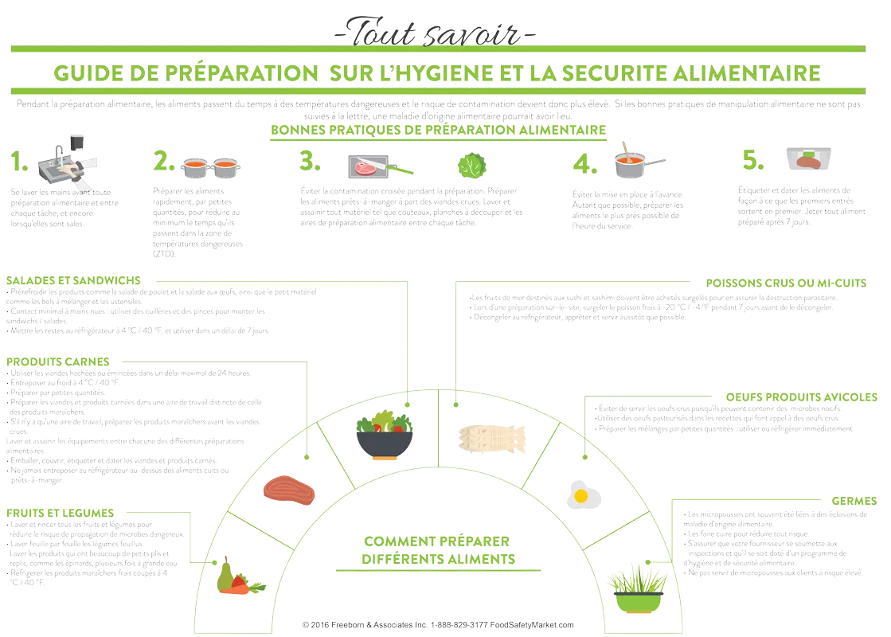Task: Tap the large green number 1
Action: tap(18, 162)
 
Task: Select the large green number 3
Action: tap(310, 162)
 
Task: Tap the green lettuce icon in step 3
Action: tap(473, 165)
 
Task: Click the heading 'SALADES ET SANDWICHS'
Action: tap(73, 280)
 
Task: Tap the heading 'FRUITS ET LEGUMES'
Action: tap(61, 513)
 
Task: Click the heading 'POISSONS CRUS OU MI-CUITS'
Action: tap(785, 283)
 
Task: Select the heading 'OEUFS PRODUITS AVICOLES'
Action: tap(801, 397)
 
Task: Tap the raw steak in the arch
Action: tap(289, 490)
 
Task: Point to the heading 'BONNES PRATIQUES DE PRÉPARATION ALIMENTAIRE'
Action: tap(439, 130)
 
